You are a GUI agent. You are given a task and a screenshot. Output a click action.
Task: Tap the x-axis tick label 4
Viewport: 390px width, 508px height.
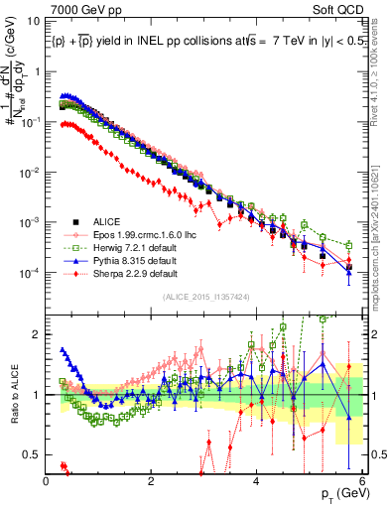pyautogui.click(x=257, y=480)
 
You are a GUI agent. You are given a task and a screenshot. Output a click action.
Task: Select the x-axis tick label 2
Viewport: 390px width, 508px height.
pyautogui.click(x=152, y=480)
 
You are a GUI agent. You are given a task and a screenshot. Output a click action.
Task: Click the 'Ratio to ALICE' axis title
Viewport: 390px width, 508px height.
pyautogui.click(x=13, y=395)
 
